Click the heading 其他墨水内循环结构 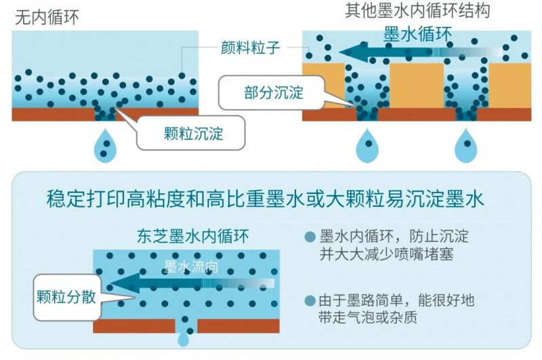click(x=417, y=11)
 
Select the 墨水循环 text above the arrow click(x=418, y=33)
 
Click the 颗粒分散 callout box click(x=66, y=296)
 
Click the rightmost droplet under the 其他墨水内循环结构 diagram click(x=465, y=146)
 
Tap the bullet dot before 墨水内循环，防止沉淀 click(x=310, y=237)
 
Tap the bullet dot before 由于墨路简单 click(x=310, y=300)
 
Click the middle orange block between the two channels click(x=416, y=85)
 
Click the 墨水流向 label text click(x=191, y=266)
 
